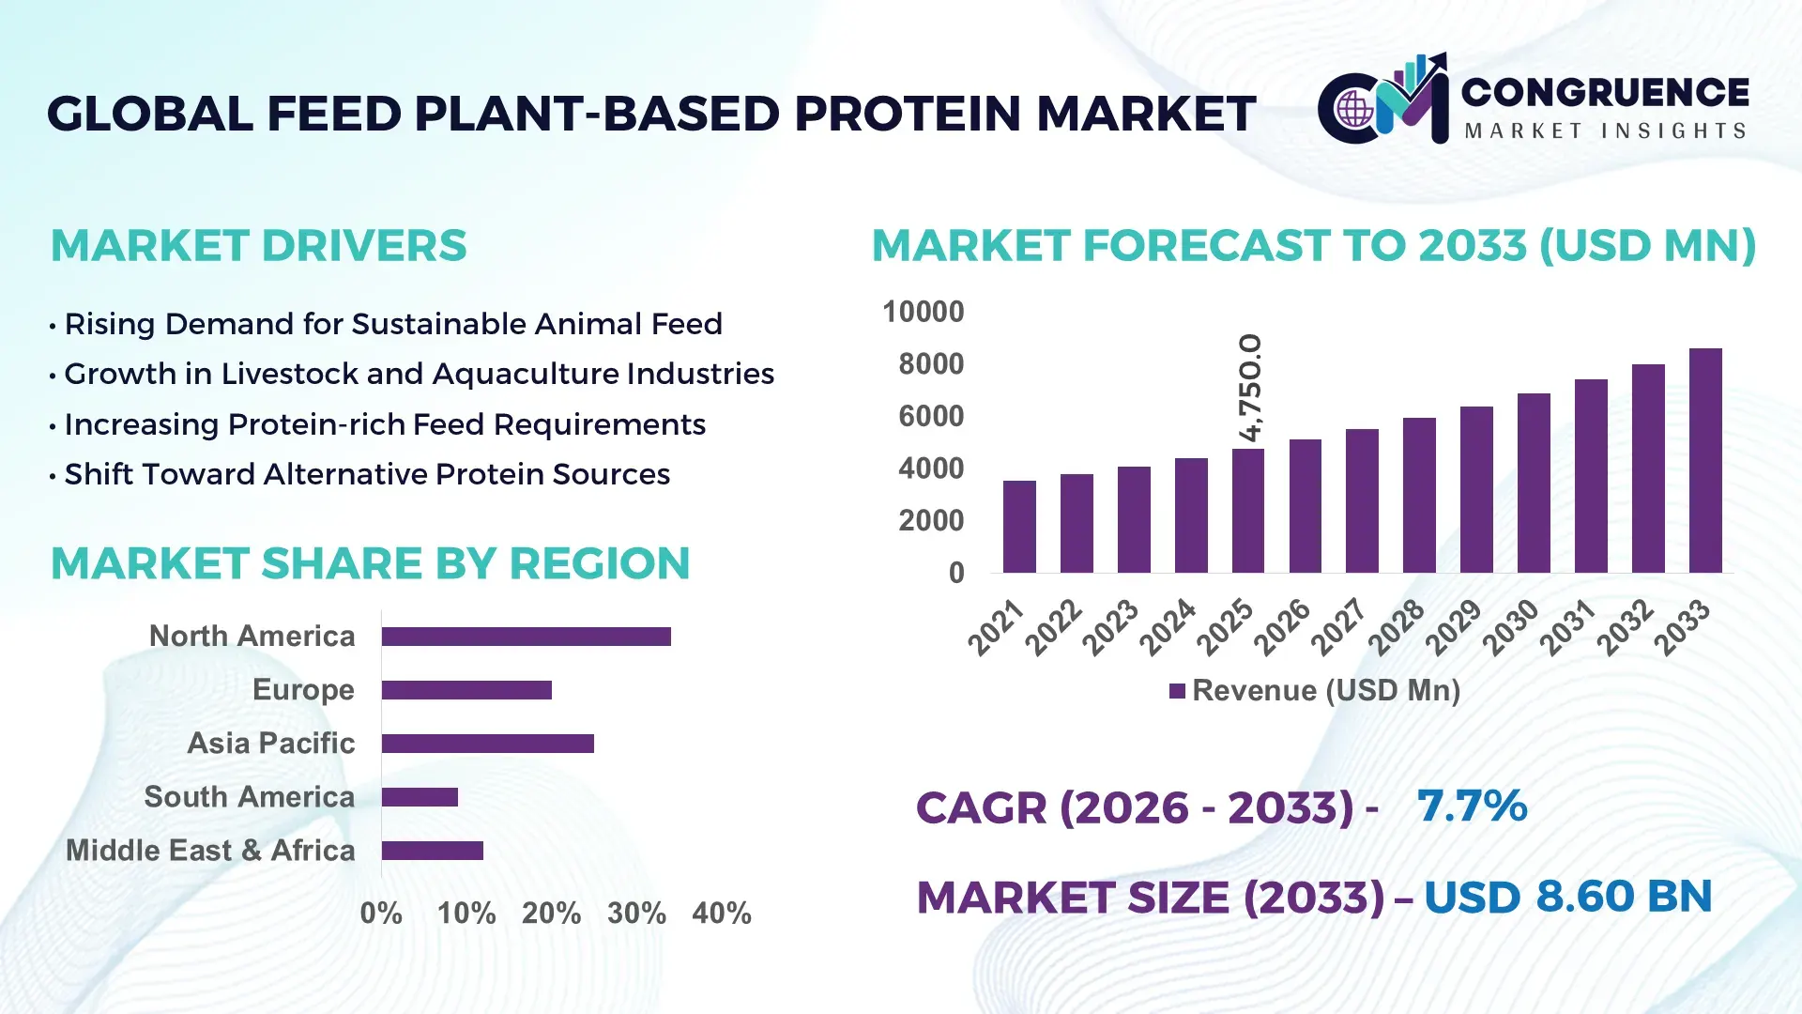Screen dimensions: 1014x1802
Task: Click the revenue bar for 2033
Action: [x=1705, y=460]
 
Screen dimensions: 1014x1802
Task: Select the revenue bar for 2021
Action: [x=1019, y=526]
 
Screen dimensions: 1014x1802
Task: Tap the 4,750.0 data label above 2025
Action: [x=1250, y=387]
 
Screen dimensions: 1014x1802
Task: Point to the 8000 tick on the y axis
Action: [x=930, y=364]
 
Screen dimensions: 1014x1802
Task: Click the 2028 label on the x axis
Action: [x=1397, y=627]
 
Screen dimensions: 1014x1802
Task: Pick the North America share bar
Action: [x=526, y=637]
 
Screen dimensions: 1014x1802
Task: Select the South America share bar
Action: [x=420, y=797]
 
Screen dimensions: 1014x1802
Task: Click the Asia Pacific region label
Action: [x=270, y=744]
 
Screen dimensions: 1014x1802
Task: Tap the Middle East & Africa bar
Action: [x=432, y=851]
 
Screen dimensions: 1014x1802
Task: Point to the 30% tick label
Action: [x=636, y=913]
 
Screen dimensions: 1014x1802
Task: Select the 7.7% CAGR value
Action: [x=1472, y=806]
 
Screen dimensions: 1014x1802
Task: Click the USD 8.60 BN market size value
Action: [x=1567, y=897]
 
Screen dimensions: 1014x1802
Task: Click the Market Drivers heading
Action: [x=258, y=246]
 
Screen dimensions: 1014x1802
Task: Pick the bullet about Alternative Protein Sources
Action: [x=366, y=474]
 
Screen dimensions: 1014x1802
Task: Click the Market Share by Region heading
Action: [x=370, y=563]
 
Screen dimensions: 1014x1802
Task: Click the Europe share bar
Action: [x=466, y=690]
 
